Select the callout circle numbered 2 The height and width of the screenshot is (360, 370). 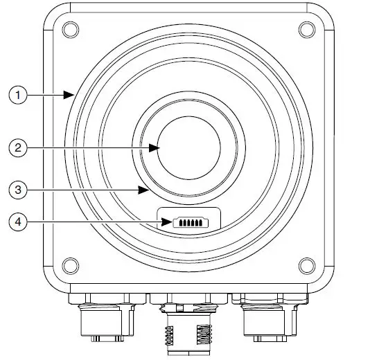pyautogui.click(x=17, y=147)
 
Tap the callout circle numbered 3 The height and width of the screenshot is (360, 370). pyautogui.click(x=17, y=188)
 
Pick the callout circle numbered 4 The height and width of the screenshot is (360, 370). pyautogui.click(x=17, y=222)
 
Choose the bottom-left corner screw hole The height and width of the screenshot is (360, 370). pyautogui.click(x=69, y=264)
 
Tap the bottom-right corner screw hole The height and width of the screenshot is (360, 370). pyautogui.click(x=305, y=264)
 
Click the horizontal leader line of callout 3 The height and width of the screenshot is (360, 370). pyautogui.click(x=83, y=188)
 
